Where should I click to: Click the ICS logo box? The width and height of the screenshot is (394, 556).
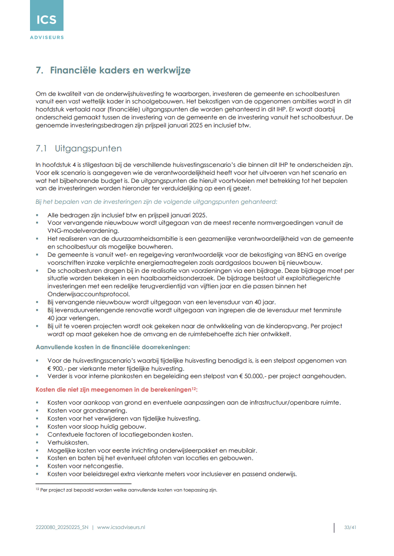click(x=46, y=16)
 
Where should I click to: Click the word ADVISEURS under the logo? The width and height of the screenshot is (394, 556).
click(x=46, y=37)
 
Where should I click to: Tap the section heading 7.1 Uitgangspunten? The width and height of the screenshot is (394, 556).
click(x=78, y=148)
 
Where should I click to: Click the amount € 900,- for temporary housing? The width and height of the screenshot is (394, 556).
click(x=57, y=368)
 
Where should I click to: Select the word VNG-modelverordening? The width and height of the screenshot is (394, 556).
click(x=82, y=230)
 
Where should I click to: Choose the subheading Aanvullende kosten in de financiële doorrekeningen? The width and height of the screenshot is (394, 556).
click(x=112, y=347)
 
